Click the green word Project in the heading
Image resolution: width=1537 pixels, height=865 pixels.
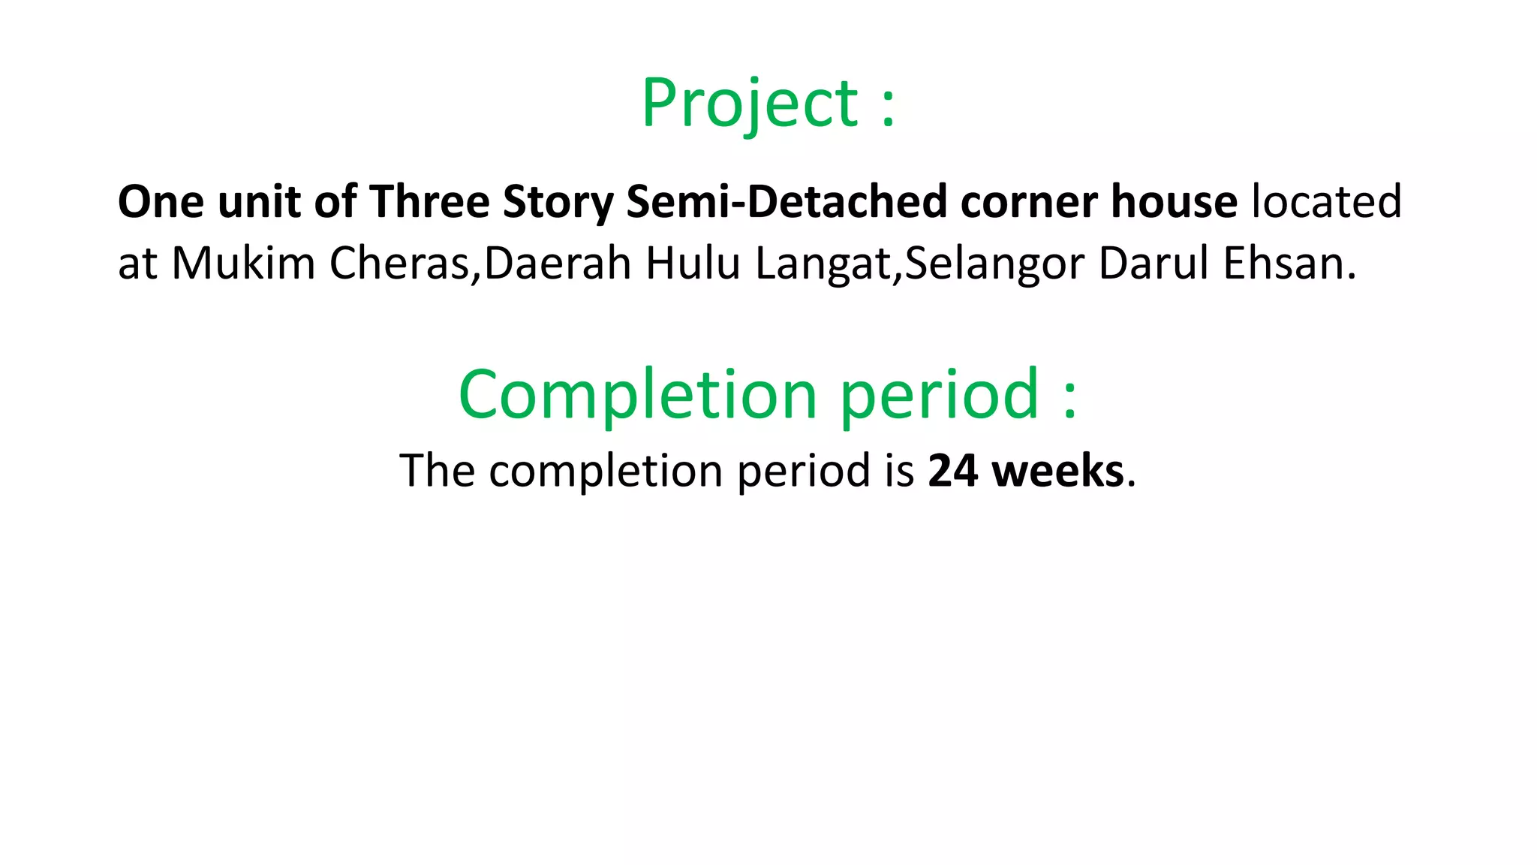click(x=749, y=104)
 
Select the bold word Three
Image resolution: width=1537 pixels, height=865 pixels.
click(x=429, y=202)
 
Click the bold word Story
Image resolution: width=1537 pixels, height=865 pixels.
click(x=558, y=203)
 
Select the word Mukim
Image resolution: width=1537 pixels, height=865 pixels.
click(x=243, y=264)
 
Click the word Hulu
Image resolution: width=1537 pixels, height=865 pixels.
click(x=693, y=264)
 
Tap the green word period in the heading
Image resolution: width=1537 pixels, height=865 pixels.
click(x=939, y=396)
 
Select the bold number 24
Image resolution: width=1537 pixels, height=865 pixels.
click(x=953, y=472)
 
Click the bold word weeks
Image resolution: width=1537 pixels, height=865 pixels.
click(x=1057, y=472)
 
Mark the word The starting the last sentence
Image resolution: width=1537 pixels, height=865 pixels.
click(x=437, y=472)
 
